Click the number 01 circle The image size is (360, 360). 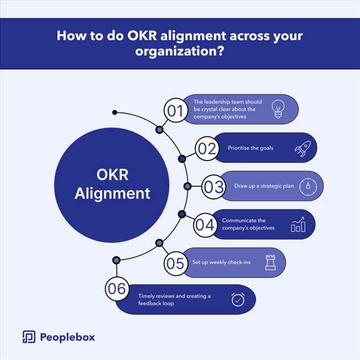pos(175,111)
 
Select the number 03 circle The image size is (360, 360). pos(213,187)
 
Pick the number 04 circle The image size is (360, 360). pos(205,224)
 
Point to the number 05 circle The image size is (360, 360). pos(175,263)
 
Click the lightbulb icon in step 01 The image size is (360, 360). pos(277,109)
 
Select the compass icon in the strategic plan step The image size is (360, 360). pos(308,187)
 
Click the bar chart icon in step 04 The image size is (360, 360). pos(298,224)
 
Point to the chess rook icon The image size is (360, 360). pos(270,263)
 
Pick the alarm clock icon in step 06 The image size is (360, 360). pos(238,300)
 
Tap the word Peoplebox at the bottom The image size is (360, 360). pos(68,337)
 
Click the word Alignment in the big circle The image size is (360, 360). pos(112,193)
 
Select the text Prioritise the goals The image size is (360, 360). pos(250,148)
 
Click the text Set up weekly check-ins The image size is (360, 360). pos(222,263)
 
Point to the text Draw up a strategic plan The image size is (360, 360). pos(255,187)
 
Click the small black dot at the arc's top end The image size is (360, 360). pos(115,112)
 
